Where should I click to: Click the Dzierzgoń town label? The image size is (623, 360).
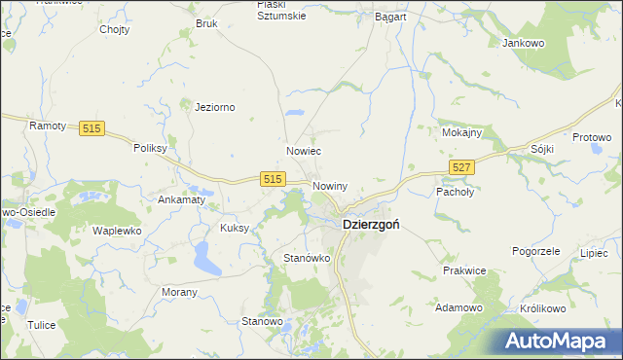375,224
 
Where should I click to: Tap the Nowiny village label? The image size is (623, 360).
330,185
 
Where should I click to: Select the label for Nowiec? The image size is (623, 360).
304,152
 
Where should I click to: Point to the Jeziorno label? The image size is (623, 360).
216,107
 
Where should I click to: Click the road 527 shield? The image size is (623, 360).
462,168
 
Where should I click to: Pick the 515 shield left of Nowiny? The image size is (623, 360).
273,179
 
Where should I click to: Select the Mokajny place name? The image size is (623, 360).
461,131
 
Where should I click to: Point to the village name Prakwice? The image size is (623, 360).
464,270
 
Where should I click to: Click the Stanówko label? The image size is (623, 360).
308,258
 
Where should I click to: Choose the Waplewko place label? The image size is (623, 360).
117,231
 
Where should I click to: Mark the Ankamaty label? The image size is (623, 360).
181,199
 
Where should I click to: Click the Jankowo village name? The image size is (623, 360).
523,44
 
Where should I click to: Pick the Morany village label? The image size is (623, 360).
179,292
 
